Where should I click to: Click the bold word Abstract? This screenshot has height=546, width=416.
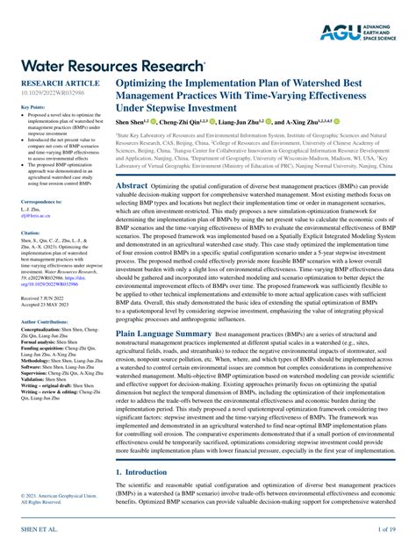tap(132, 186)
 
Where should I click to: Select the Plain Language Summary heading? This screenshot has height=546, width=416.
tap(171, 334)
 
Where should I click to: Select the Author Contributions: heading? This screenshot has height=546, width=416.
tap(47, 321)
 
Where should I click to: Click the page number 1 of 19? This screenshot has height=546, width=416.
tap(388, 531)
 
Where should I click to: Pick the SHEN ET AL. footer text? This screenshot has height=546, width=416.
tap(32, 531)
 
